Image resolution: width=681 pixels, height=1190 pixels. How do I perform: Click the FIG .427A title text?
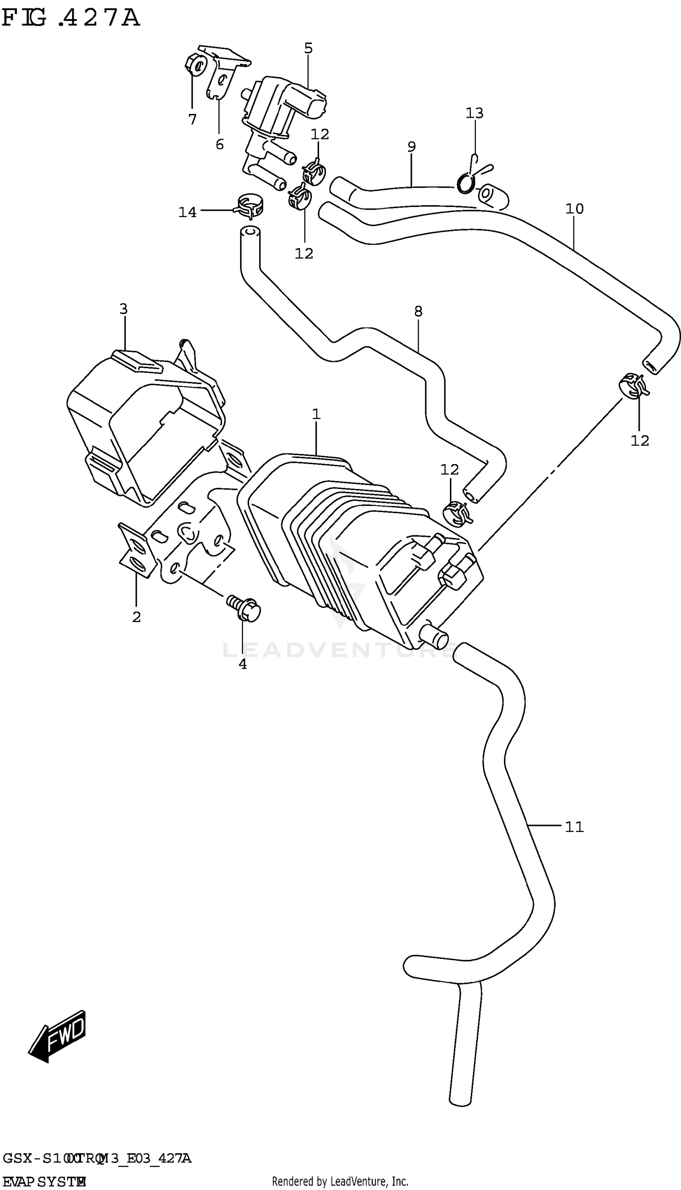point(70,19)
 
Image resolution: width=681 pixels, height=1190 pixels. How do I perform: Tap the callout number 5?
point(308,48)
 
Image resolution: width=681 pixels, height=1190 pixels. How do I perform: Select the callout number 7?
point(192,120)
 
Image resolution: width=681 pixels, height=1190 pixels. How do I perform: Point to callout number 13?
point(474,113)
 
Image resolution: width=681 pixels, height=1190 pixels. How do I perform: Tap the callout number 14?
point(187,212)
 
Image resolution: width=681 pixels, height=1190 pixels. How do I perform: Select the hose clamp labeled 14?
point(249,206)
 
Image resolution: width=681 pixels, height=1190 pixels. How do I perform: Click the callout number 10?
point(574,208)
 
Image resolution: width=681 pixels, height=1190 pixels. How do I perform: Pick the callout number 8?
point(418,311)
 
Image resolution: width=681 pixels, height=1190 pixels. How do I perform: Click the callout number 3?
point(123,309)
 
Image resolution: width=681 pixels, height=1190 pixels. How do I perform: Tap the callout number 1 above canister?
point(316,414)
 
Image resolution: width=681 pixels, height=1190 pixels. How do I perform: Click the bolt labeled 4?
point(244,608)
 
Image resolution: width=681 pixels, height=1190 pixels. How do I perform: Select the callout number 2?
point(136,617)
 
